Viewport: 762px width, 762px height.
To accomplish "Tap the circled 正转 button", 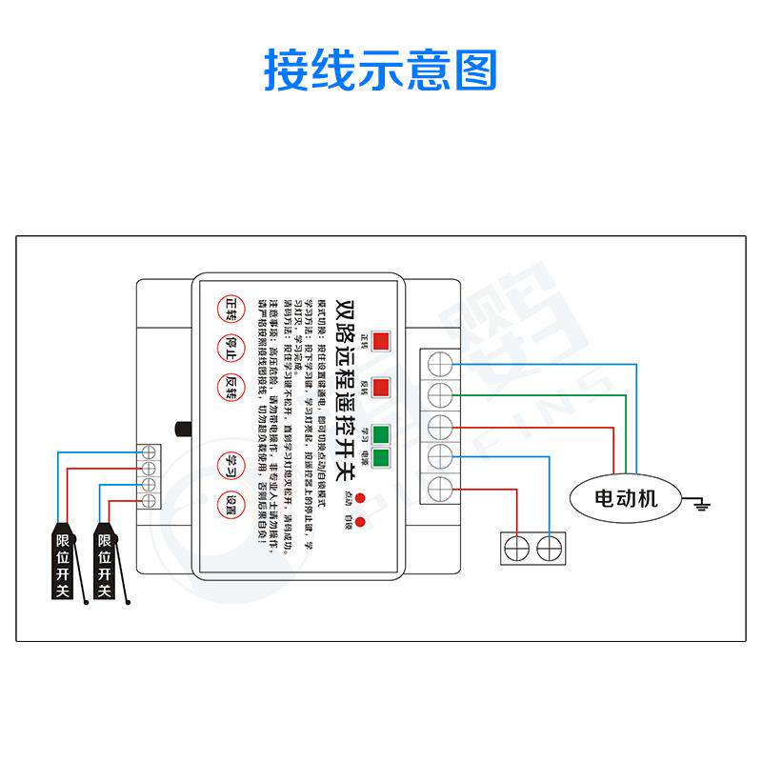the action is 231,308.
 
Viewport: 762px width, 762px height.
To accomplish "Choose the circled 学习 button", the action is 231,463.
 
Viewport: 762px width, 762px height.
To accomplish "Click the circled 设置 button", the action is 231,503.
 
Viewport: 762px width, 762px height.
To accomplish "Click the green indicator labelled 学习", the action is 381,435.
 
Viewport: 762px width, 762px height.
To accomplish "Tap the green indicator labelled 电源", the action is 381,458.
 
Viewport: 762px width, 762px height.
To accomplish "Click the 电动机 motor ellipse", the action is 626,497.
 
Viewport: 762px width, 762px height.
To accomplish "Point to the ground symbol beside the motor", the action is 702,501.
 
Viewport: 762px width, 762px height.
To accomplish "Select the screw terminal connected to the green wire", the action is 440,393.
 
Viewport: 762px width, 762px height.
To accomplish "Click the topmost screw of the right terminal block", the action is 440,363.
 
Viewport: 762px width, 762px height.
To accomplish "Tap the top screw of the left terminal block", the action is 149,452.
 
